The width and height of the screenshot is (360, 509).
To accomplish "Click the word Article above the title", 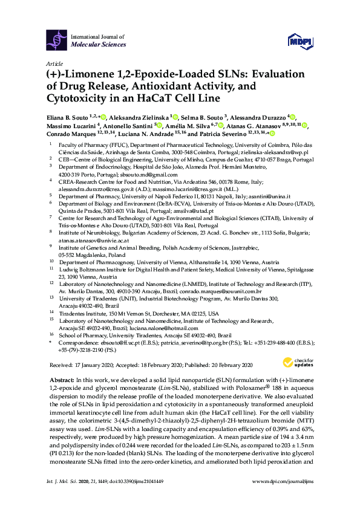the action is (54, 63).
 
